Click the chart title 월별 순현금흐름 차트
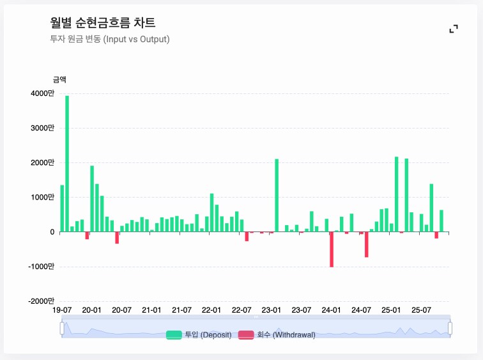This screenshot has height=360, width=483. [x=102, y=23]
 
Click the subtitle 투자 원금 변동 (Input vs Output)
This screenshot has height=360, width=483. [x=109, y=39]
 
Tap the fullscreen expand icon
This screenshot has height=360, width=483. [x=454, y=29]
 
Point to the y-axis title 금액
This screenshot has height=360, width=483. [x=59, y=80]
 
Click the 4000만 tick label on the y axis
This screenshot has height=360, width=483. [x=43, y=93]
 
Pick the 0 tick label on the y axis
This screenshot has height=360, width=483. [x=52, y=232]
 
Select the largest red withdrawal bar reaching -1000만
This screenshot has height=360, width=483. [x=332, y=249]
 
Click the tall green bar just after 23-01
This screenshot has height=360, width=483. [x=277, y=195]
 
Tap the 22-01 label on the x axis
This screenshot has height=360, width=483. [x=211, y=310]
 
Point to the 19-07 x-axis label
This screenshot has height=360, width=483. [x=62, y=310]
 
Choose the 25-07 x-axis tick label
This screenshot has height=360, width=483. [x=421, y=310]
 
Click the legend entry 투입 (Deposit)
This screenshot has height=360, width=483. [x=199, y=334]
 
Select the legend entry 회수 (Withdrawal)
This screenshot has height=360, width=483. [x=277, y=334]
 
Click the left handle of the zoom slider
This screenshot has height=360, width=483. [x=62, y=328]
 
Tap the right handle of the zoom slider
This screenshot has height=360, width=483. [x=450, y=328]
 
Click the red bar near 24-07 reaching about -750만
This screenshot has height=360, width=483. [x=367, y=244]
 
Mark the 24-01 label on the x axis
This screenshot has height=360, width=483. [x=331, y=310]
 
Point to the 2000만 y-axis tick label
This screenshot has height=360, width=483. [x=43, y=162]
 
